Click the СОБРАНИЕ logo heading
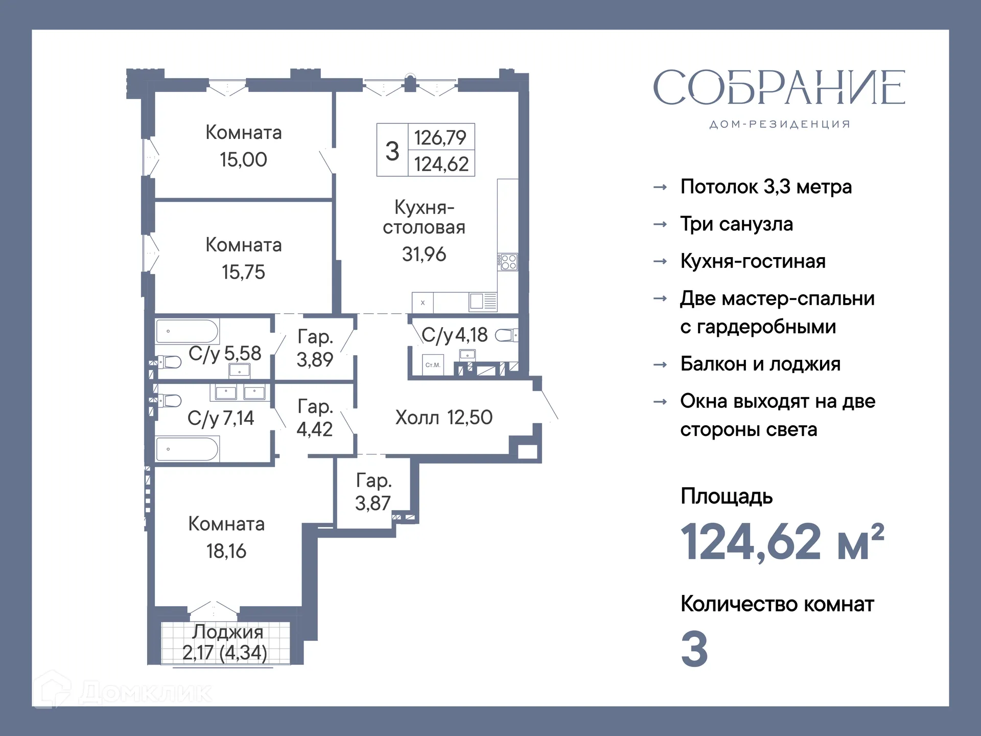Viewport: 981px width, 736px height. pos(779,88)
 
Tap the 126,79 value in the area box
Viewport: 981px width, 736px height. pos(440,137)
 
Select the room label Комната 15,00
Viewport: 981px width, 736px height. pos(244,146)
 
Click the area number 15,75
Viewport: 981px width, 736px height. pos(243,272)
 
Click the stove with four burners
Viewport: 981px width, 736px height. pos(508,262)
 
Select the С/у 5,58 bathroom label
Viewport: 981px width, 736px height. pos(225,353)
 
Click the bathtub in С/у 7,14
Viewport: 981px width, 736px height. pos(187,449)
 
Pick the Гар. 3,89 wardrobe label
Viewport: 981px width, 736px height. pos(315,348)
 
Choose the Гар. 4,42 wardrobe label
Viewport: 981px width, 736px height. pos(315,418)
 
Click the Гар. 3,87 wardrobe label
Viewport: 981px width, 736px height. pos(373,492)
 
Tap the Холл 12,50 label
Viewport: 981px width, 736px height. pos(443,418)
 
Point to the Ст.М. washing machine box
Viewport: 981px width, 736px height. pos(433,365)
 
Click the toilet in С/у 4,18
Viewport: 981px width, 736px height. pos(506,335)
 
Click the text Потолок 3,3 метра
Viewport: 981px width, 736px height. pos(765,187)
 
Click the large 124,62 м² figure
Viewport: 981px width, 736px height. pos(782,542)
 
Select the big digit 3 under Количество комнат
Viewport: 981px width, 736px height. pos(694,649)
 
